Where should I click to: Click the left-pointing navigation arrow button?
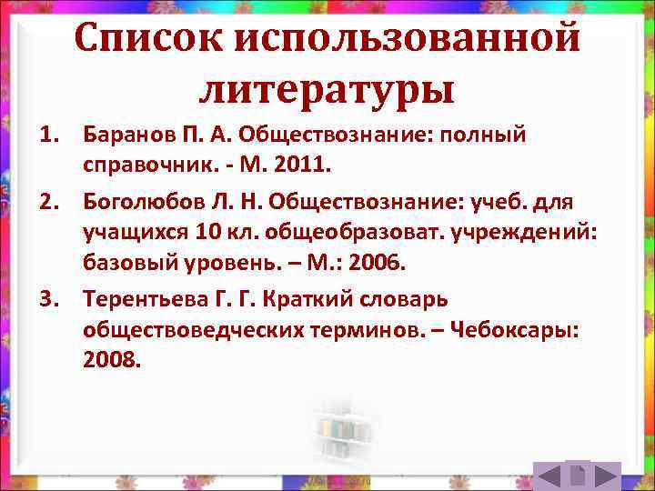[548, 476]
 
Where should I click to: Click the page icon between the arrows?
[576, 476]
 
